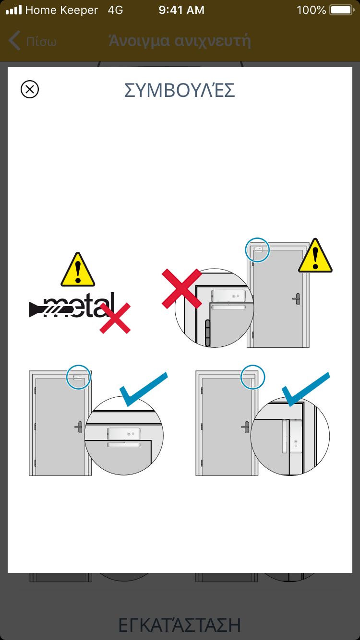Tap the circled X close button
pyautogui.click(x=30, y=89)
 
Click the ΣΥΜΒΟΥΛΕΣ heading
pyautogui.click(x=180, y=90)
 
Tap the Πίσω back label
pyautogui.click(x=41, y=42)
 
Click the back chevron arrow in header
pyautogui.click(x=14, y=40)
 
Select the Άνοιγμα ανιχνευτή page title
pyautogui.click(x=180, y=41)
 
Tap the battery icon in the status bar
pyautogui.click(x=342, y=10)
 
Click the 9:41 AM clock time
pyautogui.click(x=181, y=10)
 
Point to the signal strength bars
pyautogui.click(x=13, y=10)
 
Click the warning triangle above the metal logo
pyautogui.click(x=78, y=269)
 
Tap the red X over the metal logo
pyautogui.click(x=115, y=318)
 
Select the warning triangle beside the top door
pyautogui.click(x=315, y=255)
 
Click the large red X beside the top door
pyautogui.click(x=182, y=288)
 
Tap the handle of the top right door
pyautogui.click(x=297, y=299)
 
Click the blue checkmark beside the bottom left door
pyautogui.click(x=144, y=389)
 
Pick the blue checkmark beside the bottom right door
pyautogui.click(x=306, y=389)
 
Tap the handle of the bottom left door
pyautogui.click(x=79, y=427)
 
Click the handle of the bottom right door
pyautogui.click(x=246, y=427)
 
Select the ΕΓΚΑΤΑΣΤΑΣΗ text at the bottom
pyautogui.click(x=180, y=625)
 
